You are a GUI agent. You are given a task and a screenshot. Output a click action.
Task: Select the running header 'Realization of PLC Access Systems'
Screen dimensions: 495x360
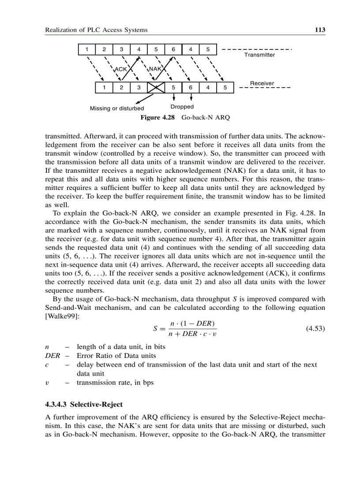[x=96, y=30]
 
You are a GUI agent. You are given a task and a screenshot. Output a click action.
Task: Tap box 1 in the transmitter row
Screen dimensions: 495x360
[x=87, y=49]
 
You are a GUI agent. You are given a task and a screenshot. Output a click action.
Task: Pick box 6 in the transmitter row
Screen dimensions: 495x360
[x=173, y=49]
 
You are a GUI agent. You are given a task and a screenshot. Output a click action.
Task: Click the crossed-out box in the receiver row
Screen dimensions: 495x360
[x=156, y=87]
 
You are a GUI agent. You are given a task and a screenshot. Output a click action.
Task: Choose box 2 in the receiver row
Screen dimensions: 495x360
[x=121, y=87]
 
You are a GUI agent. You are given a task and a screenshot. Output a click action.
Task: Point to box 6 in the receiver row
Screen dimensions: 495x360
[x=191, y=87]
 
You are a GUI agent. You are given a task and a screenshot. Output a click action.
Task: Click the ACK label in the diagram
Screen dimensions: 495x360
[x=120, y=69]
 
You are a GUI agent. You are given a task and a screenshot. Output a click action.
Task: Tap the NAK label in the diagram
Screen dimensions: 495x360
[x=155, y=69]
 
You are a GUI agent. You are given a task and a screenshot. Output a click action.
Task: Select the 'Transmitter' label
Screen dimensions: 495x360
[x=259, y=55]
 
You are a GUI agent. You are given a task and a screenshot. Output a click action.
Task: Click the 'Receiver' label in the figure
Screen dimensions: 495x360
[x=262, y=83]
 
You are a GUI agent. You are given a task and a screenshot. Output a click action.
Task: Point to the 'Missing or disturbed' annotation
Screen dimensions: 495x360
[x=117, y=108]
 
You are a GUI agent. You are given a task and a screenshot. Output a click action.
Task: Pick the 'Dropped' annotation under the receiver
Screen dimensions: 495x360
[x=182, y=107]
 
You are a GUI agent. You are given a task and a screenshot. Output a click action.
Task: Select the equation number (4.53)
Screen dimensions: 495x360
[x=315, y=328]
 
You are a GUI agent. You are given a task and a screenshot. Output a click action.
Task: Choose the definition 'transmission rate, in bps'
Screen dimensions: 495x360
[x=115, y=382]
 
